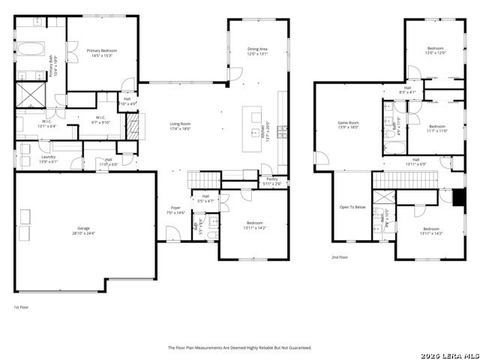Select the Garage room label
pos(84,231)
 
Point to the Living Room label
pos(179,126)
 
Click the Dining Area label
pos(257,52)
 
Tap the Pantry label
pos(271,180)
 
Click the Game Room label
pos(348,125)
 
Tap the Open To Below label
pos(352,207)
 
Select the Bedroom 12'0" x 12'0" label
pos(436,50)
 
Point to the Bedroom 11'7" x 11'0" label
pos(437,128)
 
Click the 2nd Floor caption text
pos(340,257)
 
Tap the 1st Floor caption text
pos(21,307)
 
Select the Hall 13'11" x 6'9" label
pos(415,162)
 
